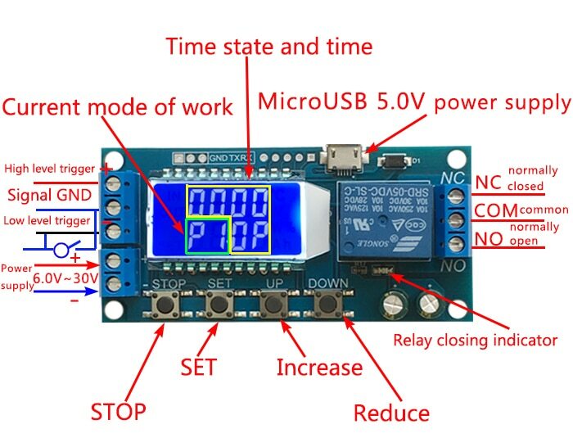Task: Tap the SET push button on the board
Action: tap(219, 305)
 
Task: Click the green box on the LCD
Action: tap(207, 236)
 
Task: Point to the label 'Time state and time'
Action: tap(268, 45)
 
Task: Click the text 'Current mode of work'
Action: tap(117, 107)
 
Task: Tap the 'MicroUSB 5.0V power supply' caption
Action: tap(413, 102)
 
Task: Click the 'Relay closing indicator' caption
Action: tap(475, 340)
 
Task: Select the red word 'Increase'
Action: tap(318, 368)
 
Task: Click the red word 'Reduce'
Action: tap(391, 413)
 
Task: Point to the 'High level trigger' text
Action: tap(51, 169)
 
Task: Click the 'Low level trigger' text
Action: tap(47, 220)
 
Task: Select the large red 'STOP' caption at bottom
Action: tap(118, 410)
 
